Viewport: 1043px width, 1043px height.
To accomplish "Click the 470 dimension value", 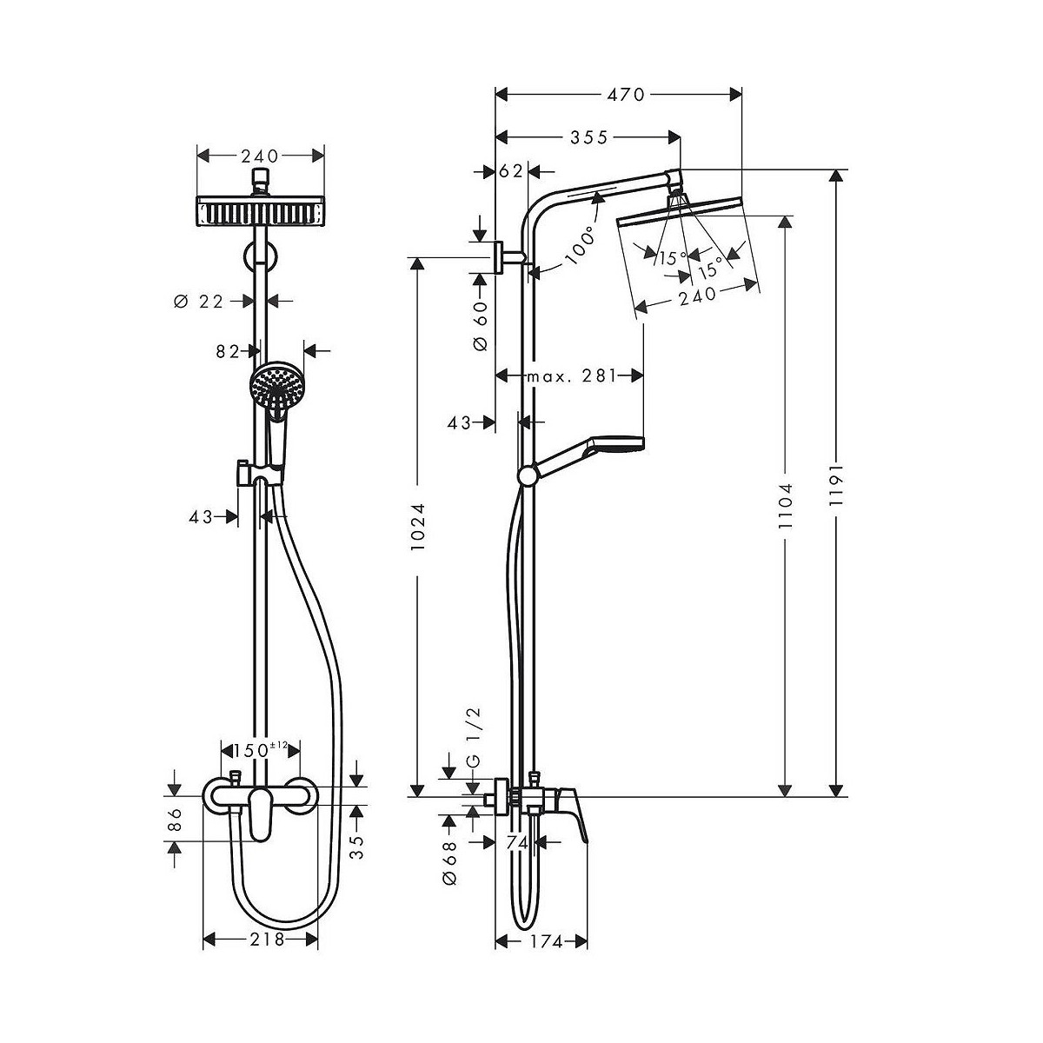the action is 626,95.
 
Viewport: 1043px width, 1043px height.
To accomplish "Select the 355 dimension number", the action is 589,138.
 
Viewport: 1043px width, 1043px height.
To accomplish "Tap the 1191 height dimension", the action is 836,484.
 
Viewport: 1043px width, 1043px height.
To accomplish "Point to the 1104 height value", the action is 785,506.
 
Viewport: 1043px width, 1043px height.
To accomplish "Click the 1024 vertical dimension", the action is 417,528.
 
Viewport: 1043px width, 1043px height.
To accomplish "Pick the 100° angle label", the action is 579,246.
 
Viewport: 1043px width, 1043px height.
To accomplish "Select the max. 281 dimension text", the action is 573,375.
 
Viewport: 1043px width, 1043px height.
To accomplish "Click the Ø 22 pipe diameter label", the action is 199,302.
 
